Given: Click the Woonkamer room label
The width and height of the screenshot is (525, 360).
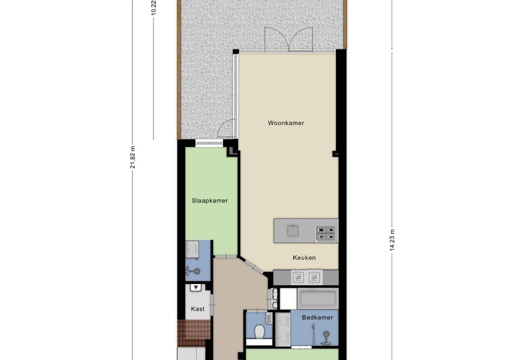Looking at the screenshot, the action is [x=286, y=123].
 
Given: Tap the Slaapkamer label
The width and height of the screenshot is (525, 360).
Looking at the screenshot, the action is [x=209, y=201].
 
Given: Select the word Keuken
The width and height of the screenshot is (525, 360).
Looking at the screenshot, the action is [x=304, y=257].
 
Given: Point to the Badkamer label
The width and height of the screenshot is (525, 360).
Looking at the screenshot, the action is [x=318, y=317].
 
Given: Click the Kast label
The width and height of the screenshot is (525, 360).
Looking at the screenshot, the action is [x=198, y=308].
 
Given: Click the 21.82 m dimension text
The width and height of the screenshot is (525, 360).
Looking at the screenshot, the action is [x=133, y=157].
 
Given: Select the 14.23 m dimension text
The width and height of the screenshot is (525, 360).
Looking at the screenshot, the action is [x=392, y=240].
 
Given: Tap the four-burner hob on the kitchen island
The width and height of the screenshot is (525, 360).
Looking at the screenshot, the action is [x=325, y=233].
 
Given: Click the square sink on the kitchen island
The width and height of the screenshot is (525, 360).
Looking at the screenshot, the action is [x=293, y=231].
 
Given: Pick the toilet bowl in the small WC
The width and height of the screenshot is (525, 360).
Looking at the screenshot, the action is [x=259, y=332].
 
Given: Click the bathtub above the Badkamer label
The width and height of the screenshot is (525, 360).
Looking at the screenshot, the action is [x=318, y=298].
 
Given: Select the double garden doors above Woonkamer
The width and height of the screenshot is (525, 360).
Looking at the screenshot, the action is [x=289, y=39].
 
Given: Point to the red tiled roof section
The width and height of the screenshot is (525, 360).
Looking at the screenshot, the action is [x=194, y=333].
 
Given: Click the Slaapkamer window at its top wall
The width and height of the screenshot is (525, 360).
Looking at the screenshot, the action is [x=209, y=143].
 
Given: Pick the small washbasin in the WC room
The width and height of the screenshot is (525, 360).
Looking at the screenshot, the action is [x=269, y=318].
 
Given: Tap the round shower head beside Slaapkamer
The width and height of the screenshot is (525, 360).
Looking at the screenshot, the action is [x=198, y=271].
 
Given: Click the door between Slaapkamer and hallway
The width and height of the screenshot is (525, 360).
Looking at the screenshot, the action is [x=225, y=256].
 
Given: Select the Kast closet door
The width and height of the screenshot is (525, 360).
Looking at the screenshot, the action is [x=212, y=305].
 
